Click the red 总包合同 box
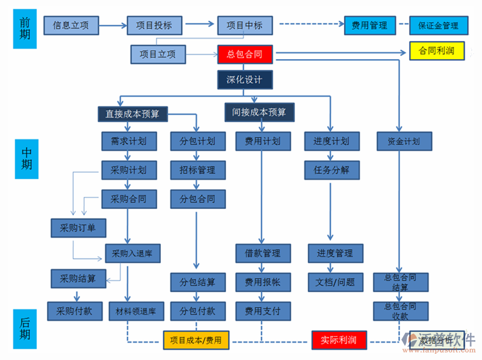[245, 54]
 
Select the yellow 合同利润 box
[437, 50]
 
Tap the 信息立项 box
[71, 25]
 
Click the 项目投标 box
[158, 25]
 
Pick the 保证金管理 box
[438, 25]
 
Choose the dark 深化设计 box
[245, 80]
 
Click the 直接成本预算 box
[132, 114]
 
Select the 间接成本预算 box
[259, 112]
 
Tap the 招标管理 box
[198, 170]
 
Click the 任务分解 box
[332, 170]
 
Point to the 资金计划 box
[403, 141]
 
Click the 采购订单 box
[78, 228]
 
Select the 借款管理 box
[263, 253]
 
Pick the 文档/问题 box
[335, 282]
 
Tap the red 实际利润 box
[339, 339]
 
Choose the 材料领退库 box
[136, 310]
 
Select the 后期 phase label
[25, 328]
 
